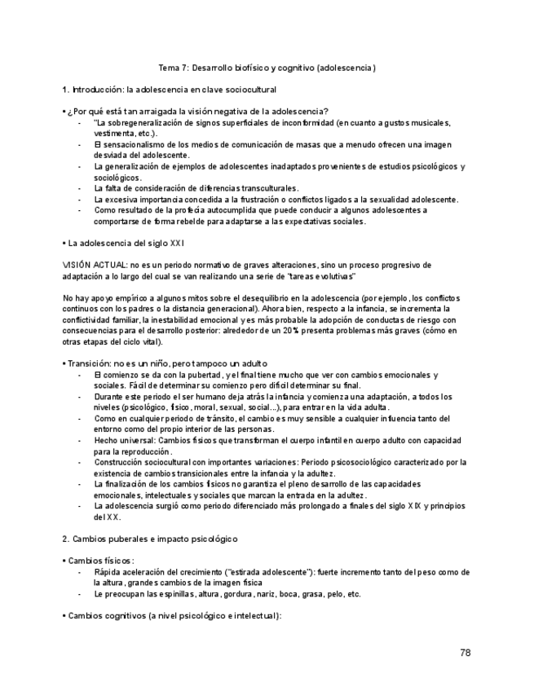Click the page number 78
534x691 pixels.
point(465,653)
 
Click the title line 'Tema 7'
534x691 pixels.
point(267,68)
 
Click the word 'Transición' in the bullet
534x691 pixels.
point(90,363)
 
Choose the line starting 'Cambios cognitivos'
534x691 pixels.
point(171,615)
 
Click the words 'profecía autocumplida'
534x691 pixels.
point(182,210)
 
